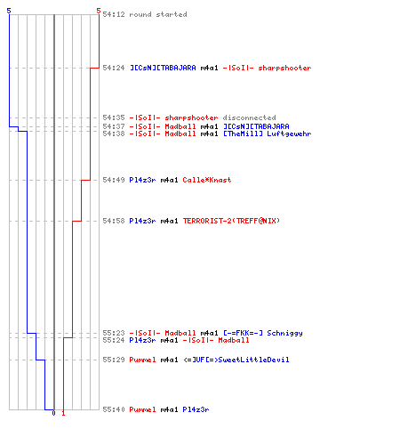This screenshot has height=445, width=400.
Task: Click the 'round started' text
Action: [158, 14]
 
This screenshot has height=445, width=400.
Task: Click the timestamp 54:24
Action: [114, 68]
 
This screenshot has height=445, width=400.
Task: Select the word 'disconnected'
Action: [249, 117]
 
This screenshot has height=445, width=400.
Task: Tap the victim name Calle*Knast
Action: [207, 180]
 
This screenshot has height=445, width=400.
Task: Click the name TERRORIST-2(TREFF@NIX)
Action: [231, 221]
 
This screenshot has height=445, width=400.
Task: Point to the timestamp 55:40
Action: [114, 409]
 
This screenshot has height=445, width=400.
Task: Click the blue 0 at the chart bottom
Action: [53, 413]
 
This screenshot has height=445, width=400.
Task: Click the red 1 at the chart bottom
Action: [63, 413]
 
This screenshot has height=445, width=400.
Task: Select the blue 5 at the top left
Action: [9, 11]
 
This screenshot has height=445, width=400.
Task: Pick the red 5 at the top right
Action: [99, 11]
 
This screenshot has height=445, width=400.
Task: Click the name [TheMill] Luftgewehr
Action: [267, 133]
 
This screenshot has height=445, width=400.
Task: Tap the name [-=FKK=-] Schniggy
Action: [263, 333]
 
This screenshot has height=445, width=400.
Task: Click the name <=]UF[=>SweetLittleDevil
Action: [236, 360]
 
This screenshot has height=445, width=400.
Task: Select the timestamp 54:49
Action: [114, 180]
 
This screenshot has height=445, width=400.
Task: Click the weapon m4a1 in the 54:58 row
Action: [169, 221]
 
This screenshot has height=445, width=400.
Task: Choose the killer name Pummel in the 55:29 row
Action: [142, 360]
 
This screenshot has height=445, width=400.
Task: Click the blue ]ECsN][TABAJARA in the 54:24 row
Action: [163, 68]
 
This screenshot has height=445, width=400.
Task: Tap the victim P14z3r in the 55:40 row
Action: [196, 409]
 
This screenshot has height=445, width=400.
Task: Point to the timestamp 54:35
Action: [114, 117]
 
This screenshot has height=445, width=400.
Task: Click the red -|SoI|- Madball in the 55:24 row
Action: [216, 340]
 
